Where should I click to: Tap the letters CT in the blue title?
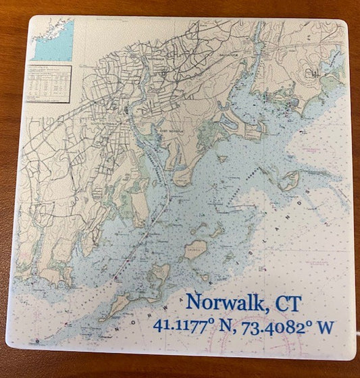tap(286, 303)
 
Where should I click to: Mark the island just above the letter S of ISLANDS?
tap(290, 180)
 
